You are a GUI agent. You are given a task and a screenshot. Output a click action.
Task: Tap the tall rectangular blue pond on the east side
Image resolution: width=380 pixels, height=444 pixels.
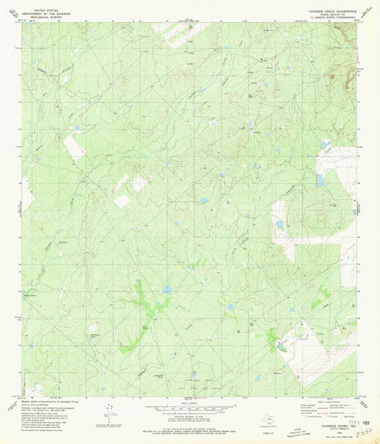click(x=320, y=180)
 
